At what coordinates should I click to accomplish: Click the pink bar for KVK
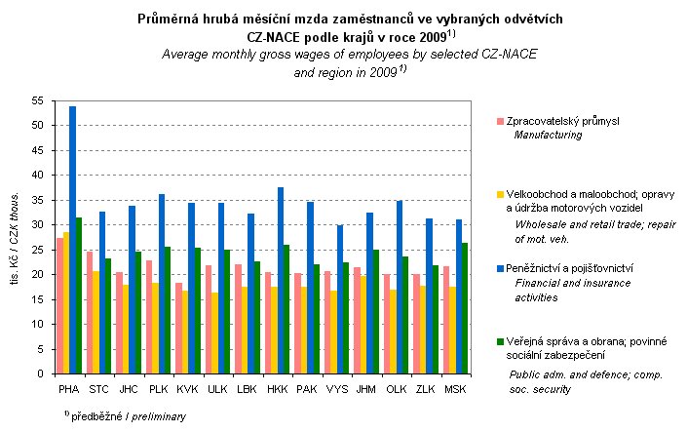(178, 328)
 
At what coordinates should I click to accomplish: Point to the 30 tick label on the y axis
(38, 225)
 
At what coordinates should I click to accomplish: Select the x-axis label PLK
(157, 387)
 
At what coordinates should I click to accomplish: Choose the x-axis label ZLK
(425, 387)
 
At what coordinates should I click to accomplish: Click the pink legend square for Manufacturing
(500, 121)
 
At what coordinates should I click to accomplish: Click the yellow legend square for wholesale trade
(500, 193)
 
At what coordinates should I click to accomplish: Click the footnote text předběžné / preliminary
(140, 415)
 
